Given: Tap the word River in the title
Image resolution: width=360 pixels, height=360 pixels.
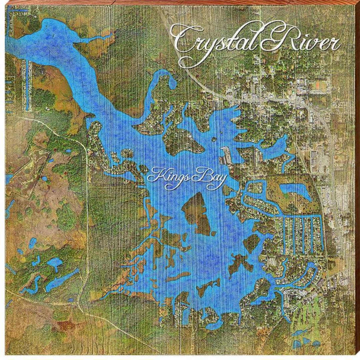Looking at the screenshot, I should tap(302, 42).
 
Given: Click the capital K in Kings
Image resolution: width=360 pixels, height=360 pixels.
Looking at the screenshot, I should tap(155, 175).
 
